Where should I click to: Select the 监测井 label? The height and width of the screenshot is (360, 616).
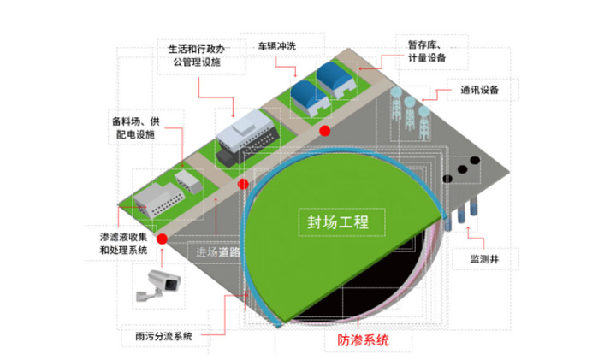(486, 257)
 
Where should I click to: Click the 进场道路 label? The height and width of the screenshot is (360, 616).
(217, 252)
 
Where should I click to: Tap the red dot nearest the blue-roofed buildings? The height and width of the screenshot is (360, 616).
(325, 130)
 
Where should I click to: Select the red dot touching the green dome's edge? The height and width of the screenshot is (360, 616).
(243, 184)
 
